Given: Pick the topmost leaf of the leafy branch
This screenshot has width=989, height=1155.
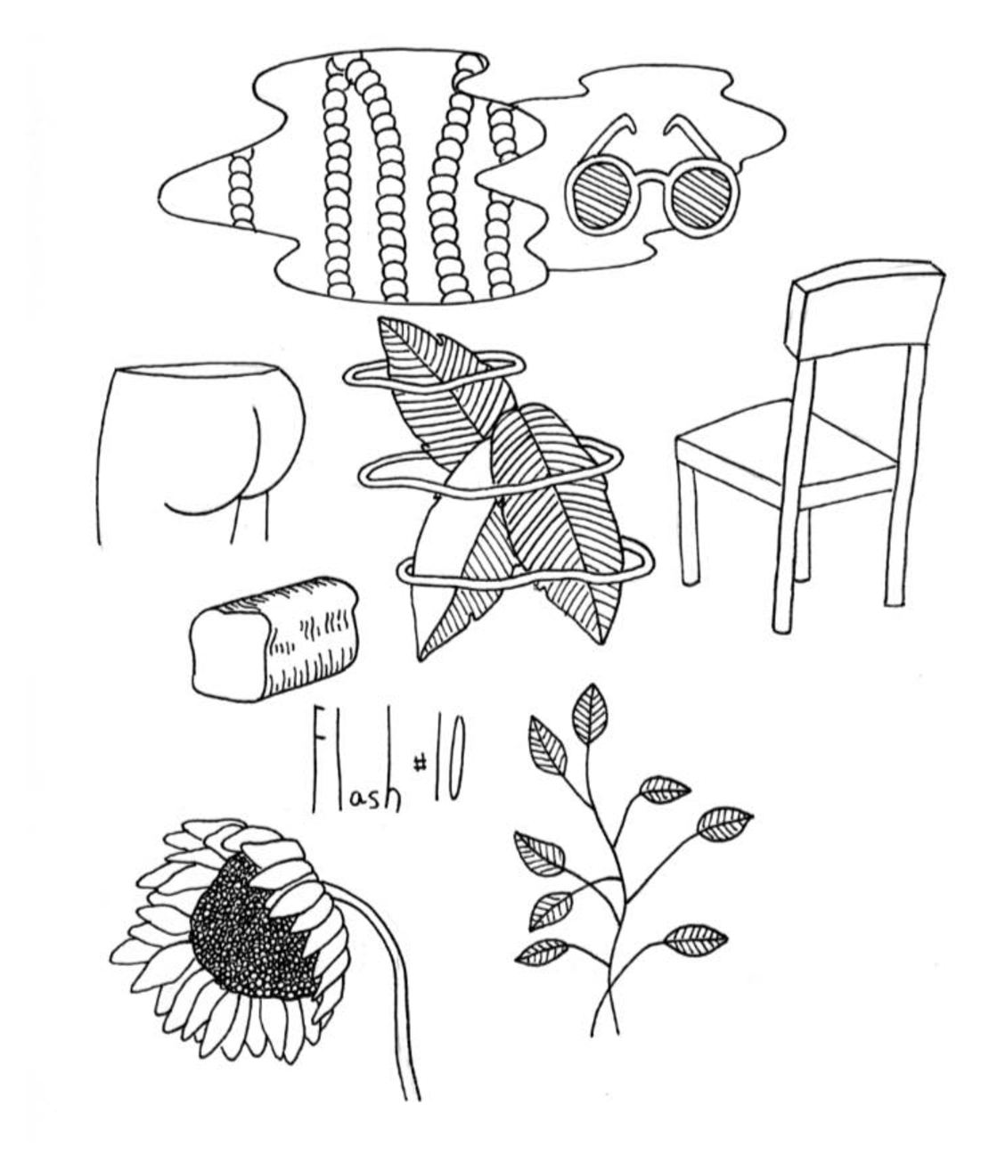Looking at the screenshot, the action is click(590, 712).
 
